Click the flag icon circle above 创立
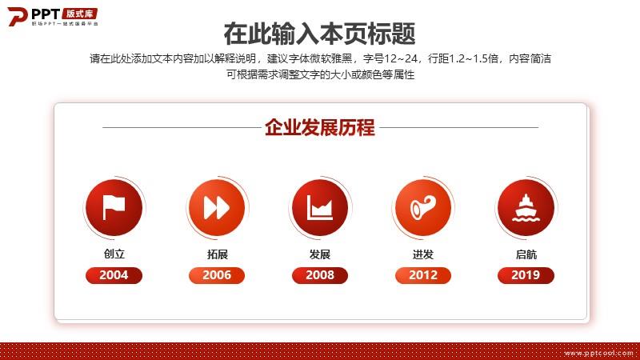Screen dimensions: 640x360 coord(114,207)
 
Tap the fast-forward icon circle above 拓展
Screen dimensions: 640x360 coord(217,207)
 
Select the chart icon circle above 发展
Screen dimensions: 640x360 coord(320,207)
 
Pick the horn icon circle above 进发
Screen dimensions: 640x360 coord(423,207)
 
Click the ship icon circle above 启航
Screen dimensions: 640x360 coord(526,207)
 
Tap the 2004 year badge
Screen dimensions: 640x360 coord(114,275)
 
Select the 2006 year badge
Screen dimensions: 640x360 coord(217,275)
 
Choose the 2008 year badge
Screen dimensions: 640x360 coord(320,275)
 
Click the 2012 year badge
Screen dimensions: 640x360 coord(423,275)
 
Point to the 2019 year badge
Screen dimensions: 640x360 coord(526,275)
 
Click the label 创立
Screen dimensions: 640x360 coord(114,254)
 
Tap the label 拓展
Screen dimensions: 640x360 coord(217,254)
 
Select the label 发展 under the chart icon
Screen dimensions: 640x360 coord(320,254)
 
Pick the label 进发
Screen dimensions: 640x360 coord(423,254)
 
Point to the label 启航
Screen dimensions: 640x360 coord(526,254)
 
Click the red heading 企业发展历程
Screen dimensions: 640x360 coord(320,127)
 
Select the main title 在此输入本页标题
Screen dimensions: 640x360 coord(319,34)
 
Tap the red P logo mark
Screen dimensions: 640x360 coord(17,16)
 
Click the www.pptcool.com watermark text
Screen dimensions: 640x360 coord(598,353)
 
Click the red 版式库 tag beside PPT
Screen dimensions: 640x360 coord(80,14)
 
